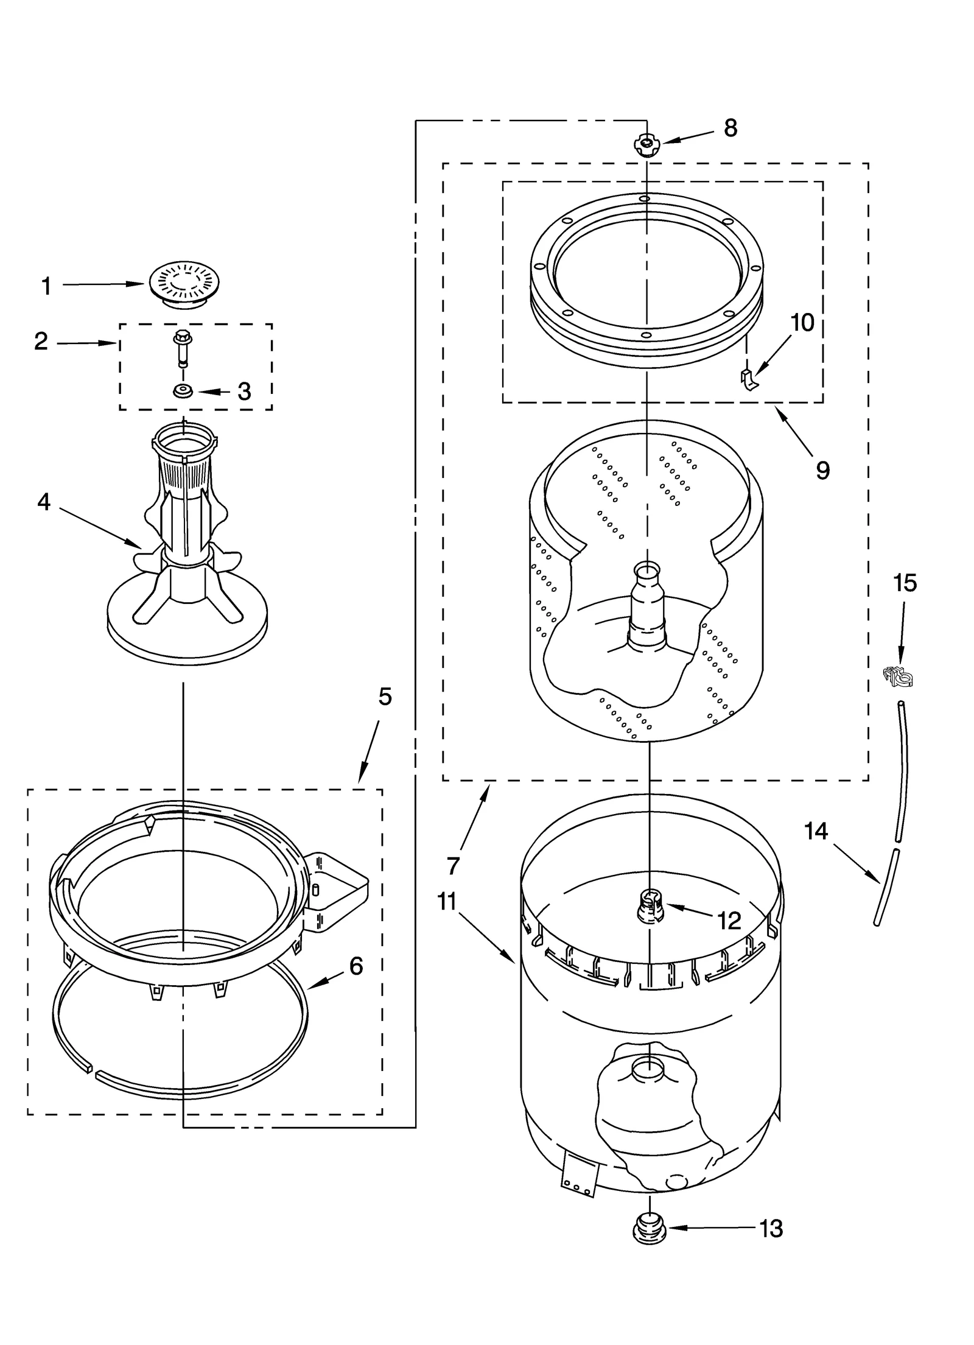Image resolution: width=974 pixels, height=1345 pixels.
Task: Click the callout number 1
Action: pyautogui.click(x=46, y=286)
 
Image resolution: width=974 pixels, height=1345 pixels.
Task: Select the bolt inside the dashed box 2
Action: pyautogui.click(x=181, y=347)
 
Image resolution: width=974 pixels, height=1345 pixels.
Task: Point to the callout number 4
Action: pyautogui.click(x=44, y=502)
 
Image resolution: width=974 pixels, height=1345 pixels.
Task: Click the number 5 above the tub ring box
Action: pyautogui.click(x=385, y=696)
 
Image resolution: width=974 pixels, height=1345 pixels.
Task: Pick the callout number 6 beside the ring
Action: pyautogui.click(x=356, y=966)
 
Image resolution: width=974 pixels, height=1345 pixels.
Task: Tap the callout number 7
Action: pyautogui.click(x=453, y=865)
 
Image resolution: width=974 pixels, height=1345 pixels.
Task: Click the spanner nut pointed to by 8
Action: pyautogui.click(x=646, y=145)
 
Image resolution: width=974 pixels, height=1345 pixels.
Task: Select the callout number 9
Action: pyautogui.click(x=822, y=469)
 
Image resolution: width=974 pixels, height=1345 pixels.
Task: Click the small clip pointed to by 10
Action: pyautogui.click(x=748, y=379)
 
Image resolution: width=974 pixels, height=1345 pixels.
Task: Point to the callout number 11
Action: pyautogui.click(x=447, y=902)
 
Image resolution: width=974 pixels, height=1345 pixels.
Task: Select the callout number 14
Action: pyautogui.click(x=816, y=831)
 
